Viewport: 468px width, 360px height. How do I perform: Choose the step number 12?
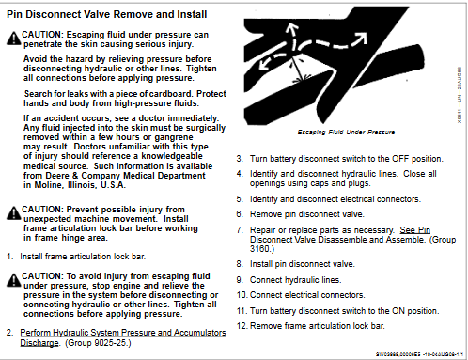click(241, 325)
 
